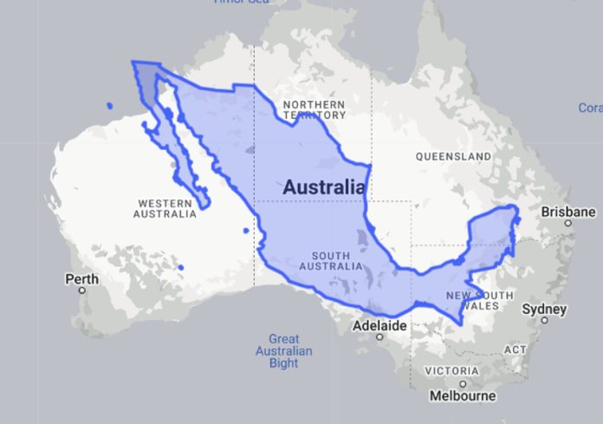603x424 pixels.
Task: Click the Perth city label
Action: pyautogui.click(x=82, y=279)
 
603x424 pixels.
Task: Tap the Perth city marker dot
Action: pyautogui.click(x=83, y=290)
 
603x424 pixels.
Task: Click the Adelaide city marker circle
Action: pyautogui.click(x=379, y=338)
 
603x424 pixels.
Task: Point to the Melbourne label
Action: pyautogui.click(x=464, y=396)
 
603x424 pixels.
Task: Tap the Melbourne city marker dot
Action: pyautogui.click(x=464, y=384)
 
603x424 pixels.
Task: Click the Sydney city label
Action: pyautogui.click(x=545, y=309)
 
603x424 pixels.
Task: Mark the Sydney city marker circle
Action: pyautogui.click(x=545, y=320)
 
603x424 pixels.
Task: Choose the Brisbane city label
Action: pyautogui.click(x=568, y=212)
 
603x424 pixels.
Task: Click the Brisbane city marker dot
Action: pyautogui.click(x=568, y=223)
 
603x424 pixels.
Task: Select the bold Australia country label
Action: pyautogui.click(x=323, y=186)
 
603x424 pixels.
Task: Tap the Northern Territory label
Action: pyautogui.click(x=314, y=109)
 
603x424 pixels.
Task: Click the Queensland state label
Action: pyautogui.click(x=453, y=157)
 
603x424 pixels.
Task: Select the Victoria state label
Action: pyautogui.click(x=451, y=371)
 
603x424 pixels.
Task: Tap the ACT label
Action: pyautogui.click(x=515, y=349)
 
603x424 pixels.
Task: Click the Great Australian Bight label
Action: pyautogui.click(x=283, y=350)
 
